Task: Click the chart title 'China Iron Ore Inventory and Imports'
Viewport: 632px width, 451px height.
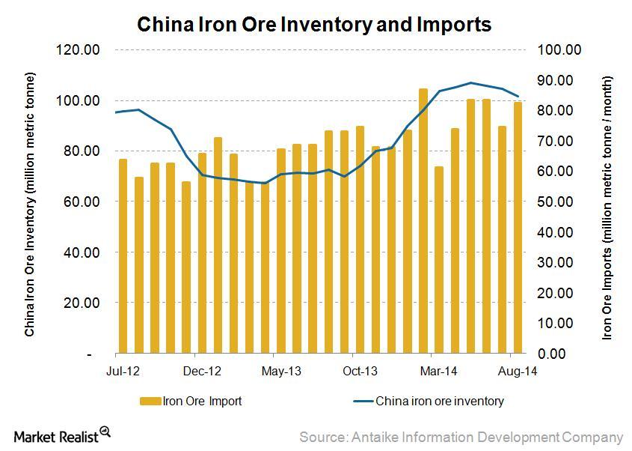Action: tap(313, 25)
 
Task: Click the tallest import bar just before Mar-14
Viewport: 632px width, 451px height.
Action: tap(423, 220)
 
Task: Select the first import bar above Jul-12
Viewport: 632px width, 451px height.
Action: tap(123, 255)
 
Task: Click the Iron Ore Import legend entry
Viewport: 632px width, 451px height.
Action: tap(191, 401)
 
